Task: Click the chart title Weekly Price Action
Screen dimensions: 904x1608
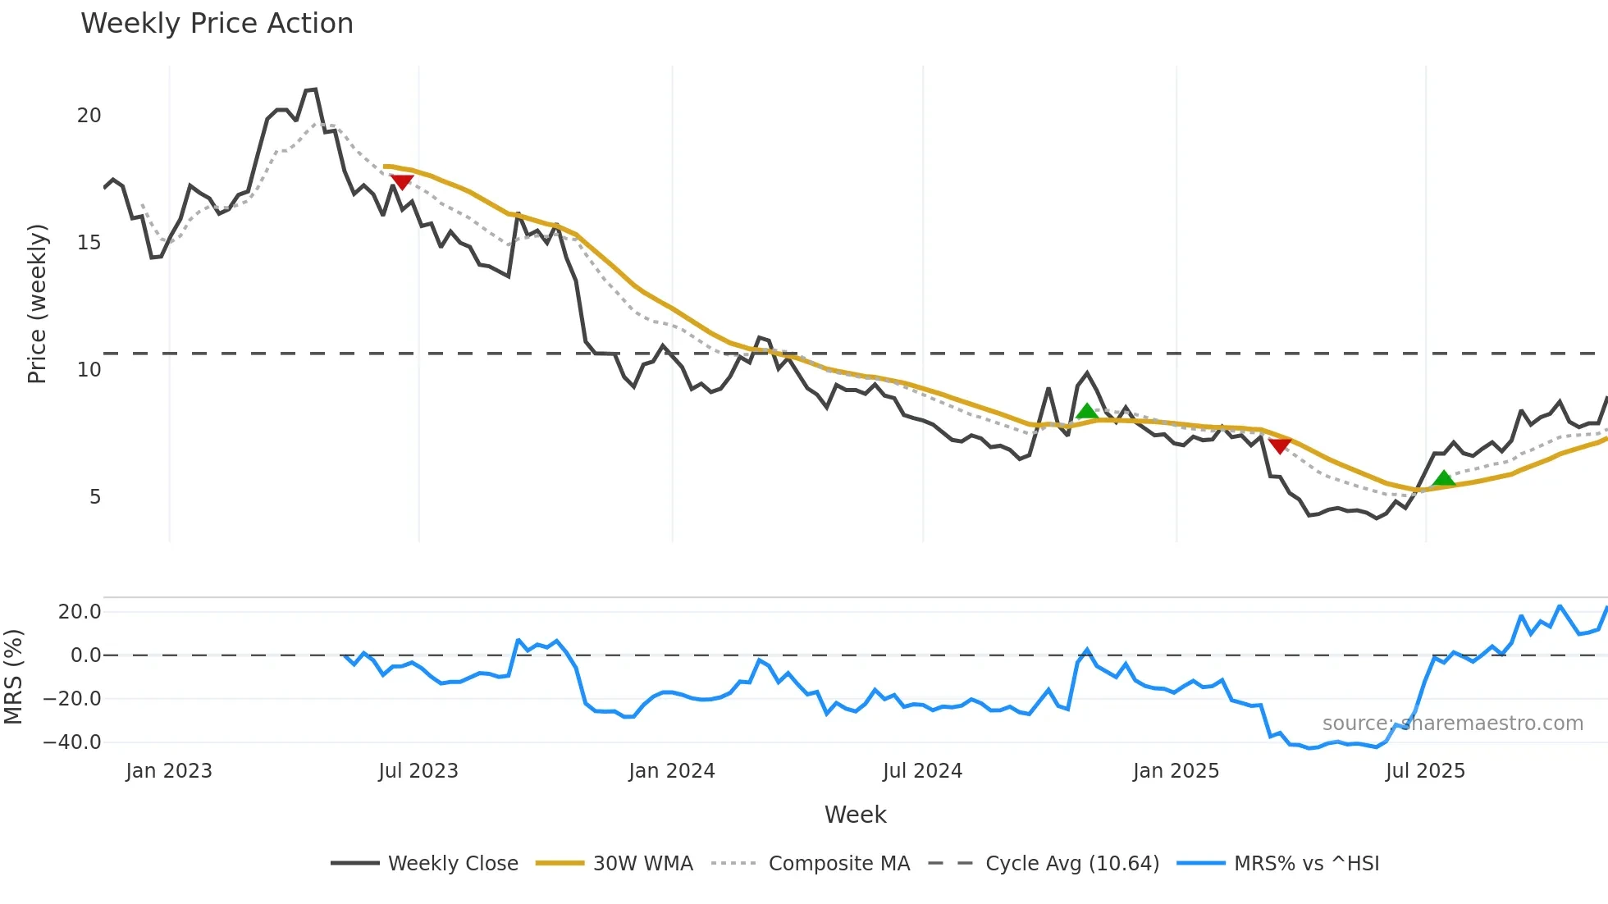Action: tap(217, 24)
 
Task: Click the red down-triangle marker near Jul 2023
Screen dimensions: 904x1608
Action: tap(402, 181)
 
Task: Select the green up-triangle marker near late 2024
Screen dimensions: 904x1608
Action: tap(1087, 412)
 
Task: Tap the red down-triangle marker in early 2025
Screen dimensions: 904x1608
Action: tap(1280, 445)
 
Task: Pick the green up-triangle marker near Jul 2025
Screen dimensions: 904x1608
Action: tap(1444, 478)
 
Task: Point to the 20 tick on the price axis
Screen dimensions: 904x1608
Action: tap(89, 116)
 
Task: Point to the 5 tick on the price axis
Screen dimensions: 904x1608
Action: tap(95, 497)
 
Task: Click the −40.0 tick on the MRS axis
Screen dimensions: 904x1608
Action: tap(72, 742)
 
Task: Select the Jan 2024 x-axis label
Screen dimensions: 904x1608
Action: tap(672, 771)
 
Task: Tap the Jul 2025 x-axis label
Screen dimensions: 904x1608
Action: tap(1425, 771)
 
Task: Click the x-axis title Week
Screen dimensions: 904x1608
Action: tap(855, 815)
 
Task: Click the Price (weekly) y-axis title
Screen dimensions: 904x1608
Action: tap(37, 304)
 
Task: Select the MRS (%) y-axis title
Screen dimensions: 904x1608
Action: tap(13, 677)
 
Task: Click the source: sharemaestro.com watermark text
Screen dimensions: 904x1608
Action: tap(1452, 724)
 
